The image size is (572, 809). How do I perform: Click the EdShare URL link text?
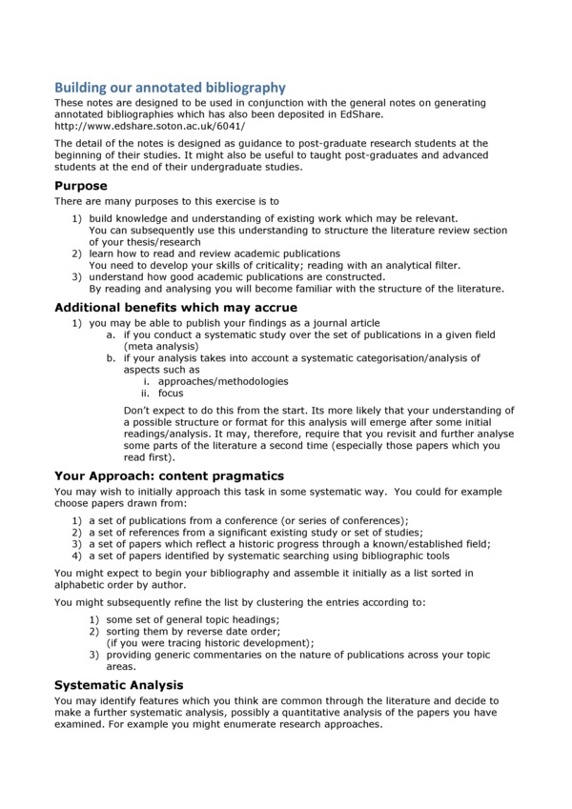(x=150, y=126)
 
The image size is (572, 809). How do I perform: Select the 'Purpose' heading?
(x=81, y=186)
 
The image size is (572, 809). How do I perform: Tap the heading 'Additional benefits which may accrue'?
(x=175, y=308)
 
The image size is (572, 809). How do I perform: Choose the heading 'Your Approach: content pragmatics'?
(x=169, y=475)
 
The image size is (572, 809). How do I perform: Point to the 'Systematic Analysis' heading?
(x=119, y=684)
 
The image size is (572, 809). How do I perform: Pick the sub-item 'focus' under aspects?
(x=171, y=393)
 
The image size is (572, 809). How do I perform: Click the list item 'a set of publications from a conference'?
(x=249, y=520)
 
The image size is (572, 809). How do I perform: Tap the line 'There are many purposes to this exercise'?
(x=167, y=201)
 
